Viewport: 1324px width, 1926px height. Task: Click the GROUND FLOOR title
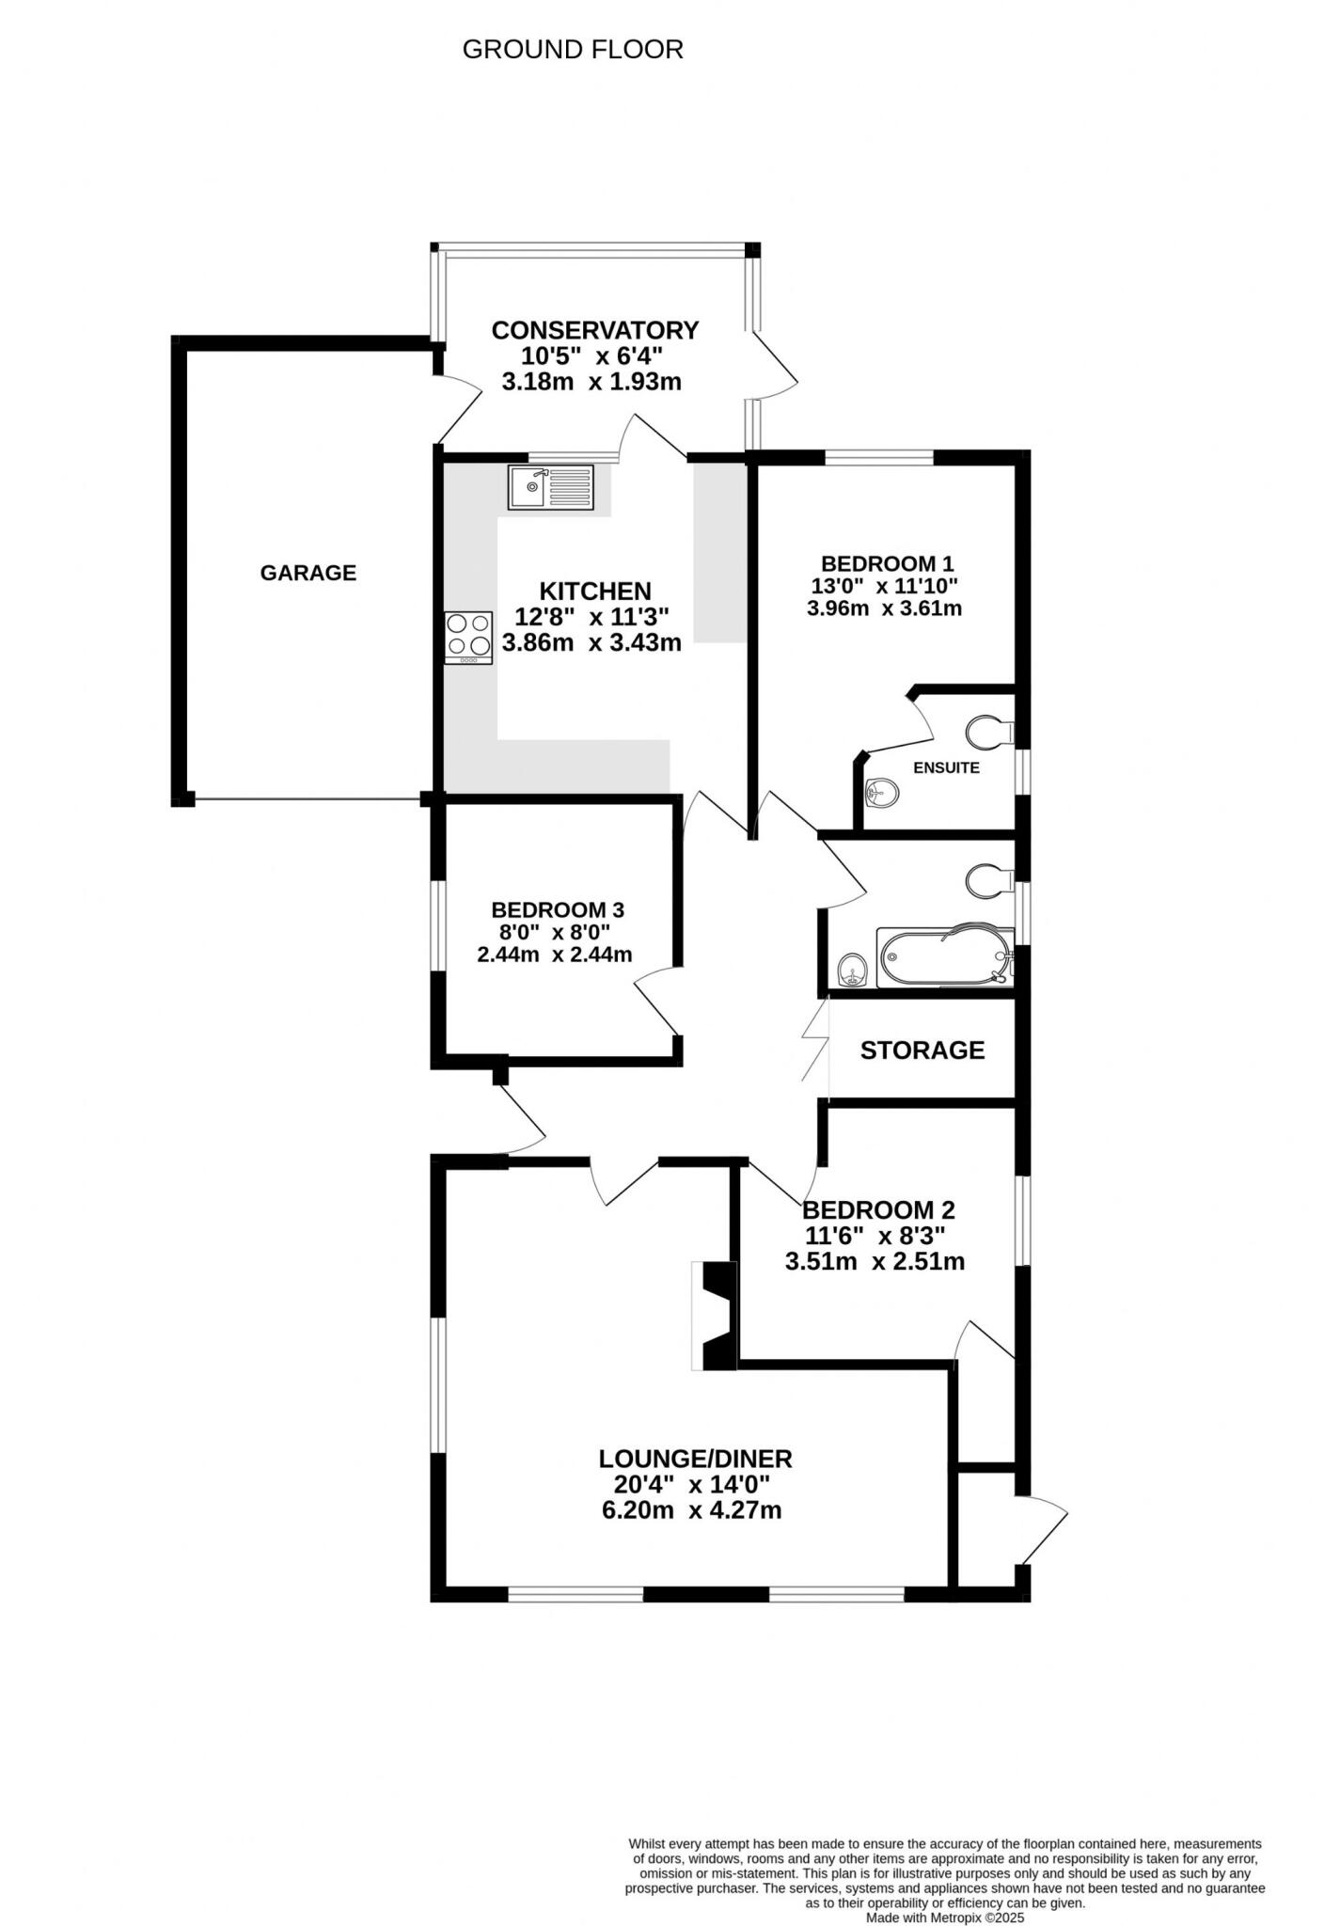click(x=573, y=50)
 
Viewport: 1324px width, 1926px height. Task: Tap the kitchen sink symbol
click(x=551, y=487)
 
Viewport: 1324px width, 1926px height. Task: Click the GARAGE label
click(x=308, y=573)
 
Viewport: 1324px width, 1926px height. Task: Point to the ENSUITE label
click(x=946, y=767)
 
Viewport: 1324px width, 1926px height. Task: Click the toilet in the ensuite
click(x=988, y=731)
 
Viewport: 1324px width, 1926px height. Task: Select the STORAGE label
click(x=922, y=1050)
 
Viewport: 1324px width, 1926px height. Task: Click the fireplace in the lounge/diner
click(x=717, y=1316)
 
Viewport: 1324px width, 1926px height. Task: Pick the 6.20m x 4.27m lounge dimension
click(x=691, y=1510)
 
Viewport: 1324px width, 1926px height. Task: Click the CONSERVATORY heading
click(x=595, y=330)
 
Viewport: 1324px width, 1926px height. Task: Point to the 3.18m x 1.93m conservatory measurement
click(x=591, y=382)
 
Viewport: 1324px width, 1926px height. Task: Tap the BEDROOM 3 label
click(x=558, y=909)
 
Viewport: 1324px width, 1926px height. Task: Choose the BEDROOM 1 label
click(x=887, y=563)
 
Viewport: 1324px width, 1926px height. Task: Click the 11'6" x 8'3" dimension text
click(x=875, y=1235)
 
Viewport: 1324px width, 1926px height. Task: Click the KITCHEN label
click(x=595, y=591)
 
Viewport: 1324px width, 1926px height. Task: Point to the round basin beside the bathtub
click(x=853, y=968)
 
